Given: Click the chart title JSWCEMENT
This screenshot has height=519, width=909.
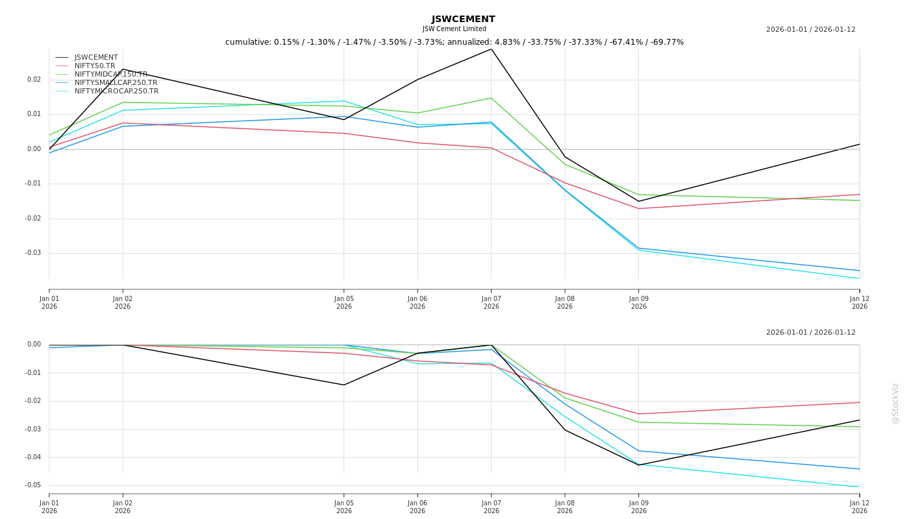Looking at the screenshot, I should [x=463, y=19].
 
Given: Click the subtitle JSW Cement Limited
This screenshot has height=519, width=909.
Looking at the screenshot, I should [x=454, y=29].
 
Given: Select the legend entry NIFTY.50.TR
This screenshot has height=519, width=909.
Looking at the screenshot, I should [x=95, y=66].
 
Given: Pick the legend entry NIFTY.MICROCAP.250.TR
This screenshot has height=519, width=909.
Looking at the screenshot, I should [x=116, y=91].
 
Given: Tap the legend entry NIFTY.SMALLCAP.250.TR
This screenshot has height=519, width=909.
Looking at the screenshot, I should [x=116, y=82].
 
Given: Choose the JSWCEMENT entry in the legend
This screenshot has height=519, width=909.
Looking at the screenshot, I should [x=96, y=57].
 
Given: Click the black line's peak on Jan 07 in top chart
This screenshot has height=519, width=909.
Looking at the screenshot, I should [x=491, y=49].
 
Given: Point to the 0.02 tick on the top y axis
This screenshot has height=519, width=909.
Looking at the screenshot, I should [x=34, y=80].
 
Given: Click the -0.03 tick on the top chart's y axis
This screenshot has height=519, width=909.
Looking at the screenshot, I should [x=32, y=253].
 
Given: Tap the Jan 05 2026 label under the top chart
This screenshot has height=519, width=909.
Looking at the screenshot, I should [x=344, y=302].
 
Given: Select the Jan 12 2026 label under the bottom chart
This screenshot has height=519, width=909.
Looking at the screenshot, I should [x=859, y=507].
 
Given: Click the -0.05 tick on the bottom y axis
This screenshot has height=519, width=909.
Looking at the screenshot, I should [x=32, y=485].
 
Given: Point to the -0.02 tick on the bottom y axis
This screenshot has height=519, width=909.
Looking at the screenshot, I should [x=32, y=401].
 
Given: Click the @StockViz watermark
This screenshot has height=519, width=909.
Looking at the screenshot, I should [x=895, y=403].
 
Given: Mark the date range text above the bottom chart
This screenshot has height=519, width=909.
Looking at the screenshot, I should [x=810, y=333].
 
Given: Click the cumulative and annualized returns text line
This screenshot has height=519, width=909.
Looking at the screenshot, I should [x=454, y=42].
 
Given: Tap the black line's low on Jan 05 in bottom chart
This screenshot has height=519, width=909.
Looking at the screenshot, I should [x=344, y=385].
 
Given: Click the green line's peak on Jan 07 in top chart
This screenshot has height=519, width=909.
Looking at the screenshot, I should [x=491, y=98].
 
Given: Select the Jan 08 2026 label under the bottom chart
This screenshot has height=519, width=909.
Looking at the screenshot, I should [x=565, y=507].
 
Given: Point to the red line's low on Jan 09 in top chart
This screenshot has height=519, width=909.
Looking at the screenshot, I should [x=638, y=208].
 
